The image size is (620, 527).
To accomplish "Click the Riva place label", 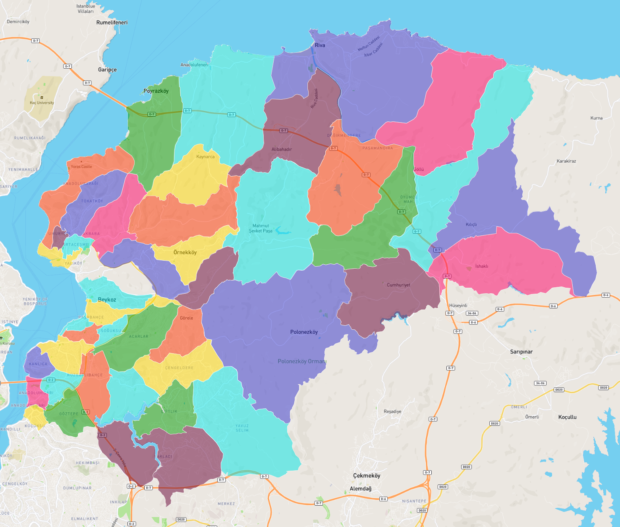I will click(x=320, y=45).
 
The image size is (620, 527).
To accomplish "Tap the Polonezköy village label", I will click(x=304, y=332).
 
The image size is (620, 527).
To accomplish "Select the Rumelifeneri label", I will click(x=112, y=23).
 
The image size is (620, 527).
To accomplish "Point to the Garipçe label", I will click(x=107, y=70).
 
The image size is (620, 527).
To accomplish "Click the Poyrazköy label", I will click(x=156, y=91).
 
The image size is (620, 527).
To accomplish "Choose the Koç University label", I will click(x=42, y=103).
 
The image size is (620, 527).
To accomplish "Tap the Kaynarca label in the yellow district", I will click(x=205, y=157).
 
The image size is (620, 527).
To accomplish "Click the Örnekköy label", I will click(x=185, y=252).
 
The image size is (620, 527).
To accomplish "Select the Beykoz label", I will click(x=107, y=300).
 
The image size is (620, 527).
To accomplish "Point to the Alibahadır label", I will click(x=282, y=149).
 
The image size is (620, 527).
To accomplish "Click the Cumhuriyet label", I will click(x=398, y=285).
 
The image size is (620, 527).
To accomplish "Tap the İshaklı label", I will click(x=481, y=266).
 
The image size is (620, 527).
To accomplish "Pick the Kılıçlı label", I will click(x=471, y=225).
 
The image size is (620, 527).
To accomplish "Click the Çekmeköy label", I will click(x=367, y=475).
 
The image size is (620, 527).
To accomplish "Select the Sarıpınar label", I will click(x=521, y=352).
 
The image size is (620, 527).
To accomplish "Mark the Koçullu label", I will click(x=567, y=417).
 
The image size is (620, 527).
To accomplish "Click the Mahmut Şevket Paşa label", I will click(x=261, y=228).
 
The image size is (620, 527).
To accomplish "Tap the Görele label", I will click(x=186, y=318).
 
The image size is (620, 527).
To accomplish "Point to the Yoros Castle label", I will click(x=81, y=167).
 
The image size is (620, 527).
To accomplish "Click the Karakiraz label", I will click(x=566, y=161).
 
